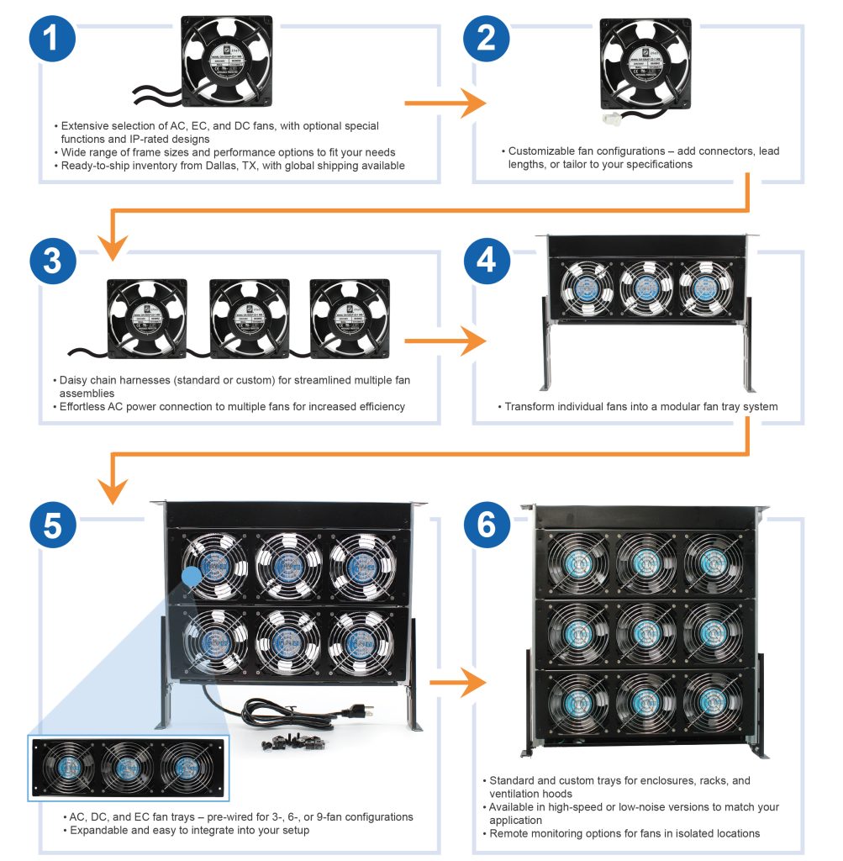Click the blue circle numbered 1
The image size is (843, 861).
[x=53, y=39]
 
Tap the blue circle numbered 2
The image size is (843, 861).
[x=487, y=39]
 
